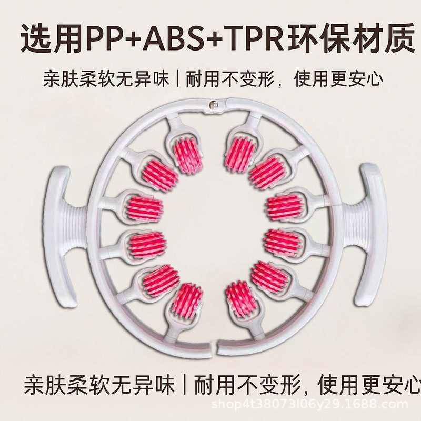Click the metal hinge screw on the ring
tap(214, 105)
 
